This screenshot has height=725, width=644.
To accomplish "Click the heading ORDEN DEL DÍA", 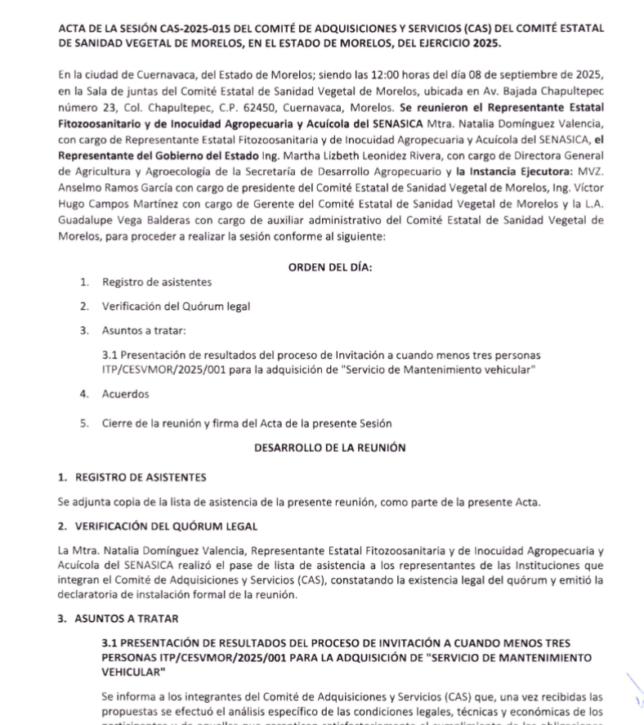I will pos(331,266).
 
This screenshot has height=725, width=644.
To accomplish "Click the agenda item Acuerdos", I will pos(125,393).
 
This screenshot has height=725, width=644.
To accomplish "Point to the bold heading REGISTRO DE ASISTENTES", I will pos(141,477).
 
